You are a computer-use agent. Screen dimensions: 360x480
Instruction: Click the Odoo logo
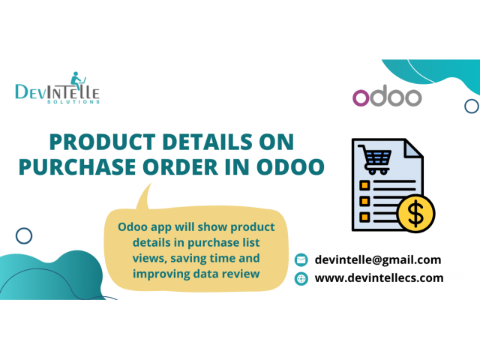click(x=386, y=97)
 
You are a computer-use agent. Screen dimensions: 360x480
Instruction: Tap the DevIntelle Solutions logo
click(x=58, y=90)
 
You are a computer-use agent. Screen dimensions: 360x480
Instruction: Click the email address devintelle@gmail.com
click(x=378, y=259)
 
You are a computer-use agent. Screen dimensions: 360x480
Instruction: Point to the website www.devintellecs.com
click(x=379, y=277)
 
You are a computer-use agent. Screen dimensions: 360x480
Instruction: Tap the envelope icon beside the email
click(x=301, y=260)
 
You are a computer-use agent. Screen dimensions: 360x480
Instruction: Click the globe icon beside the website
click(x=301, y=278)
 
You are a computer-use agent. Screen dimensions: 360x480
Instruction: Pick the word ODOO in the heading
click(x=288, y=166)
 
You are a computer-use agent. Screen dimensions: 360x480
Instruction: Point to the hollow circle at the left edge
click(x=24, y=236)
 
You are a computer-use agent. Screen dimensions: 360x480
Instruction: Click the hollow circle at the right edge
click(x=472, y=106)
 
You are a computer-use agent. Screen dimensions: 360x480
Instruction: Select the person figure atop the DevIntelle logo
click(x=76, y=80)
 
